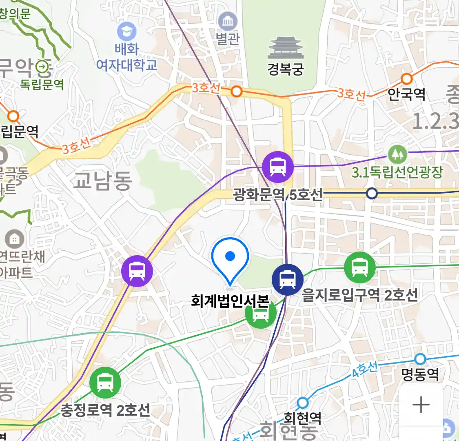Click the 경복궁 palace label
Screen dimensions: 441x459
(x=285, y=69)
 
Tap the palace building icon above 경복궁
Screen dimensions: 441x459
(x=285, y=48)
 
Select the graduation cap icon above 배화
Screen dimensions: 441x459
(x=126, y=31)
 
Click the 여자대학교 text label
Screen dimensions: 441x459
(x=127, y=65)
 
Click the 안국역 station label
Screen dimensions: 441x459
(x=406, y=94)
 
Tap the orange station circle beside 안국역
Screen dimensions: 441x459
(x=406, y=79)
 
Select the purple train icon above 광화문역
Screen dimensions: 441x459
(x=278, y=167)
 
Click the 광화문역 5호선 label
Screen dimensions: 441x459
(x=278, y=194)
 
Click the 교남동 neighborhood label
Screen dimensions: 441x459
(x=102, y=180)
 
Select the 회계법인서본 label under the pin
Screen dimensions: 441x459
(x=230, y=301)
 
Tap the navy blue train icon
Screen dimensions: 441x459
(x=288, y=280)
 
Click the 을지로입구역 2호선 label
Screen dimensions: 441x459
(x=360, y=294)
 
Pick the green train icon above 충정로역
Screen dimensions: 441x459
(x=105, y=383)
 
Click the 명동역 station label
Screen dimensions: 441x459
(x=420, y=374)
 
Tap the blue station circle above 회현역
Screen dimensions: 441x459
(x=302, y=403)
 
